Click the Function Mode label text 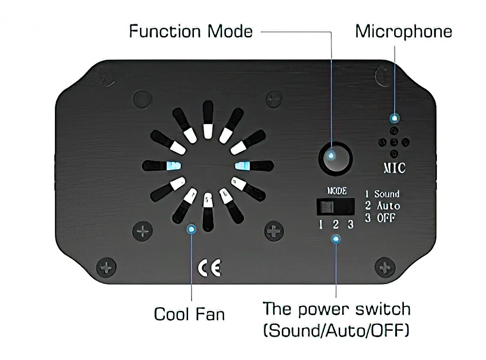click(x=191, y=32)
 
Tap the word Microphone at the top click(x=403, y=32)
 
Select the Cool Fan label click(x=190, y=314)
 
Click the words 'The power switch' click(x=336, y=309)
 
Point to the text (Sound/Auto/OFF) click(x=336, y=331)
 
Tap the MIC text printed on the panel click(x=391, y=168)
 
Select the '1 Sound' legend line click(x=382, y=194)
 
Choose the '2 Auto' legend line click(x=382, y=206)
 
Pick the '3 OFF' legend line click(x=380, y=218)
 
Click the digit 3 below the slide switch click(x=350, y=225)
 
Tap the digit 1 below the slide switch click(x=321, y=225)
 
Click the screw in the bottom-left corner click(x=105, y=267)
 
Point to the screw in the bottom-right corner click(x=384, y=267)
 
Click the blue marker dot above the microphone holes click(x=395, y=118)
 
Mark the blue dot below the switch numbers click(x=335, y=239)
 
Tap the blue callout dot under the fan click(x=191, y=229)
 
